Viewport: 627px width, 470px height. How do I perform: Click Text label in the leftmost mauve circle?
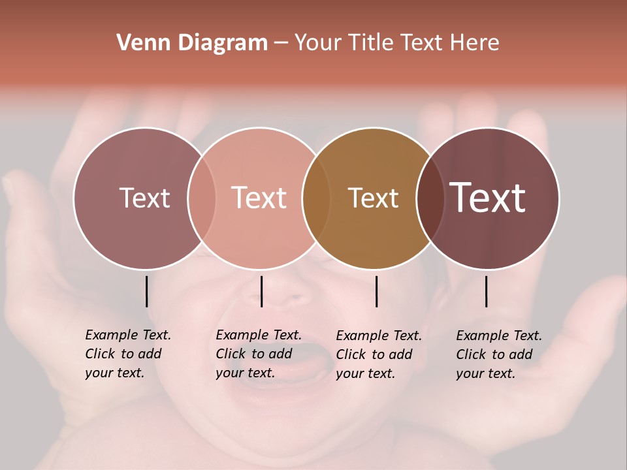coord(144,198)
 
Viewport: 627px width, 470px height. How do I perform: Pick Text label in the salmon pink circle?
coord(259,198)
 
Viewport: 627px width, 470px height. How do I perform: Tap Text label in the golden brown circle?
coord(373,198)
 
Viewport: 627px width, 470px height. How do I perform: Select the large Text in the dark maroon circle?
coord(488,198)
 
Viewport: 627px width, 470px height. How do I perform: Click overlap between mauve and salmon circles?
coord(202,198)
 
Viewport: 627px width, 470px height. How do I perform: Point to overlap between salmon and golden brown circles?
coord(316,198)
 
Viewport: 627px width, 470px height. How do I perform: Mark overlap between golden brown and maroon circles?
coord(430,198)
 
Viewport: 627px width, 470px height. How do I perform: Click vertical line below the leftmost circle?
coord(146,291)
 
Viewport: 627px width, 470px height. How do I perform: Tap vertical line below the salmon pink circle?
coord(261,291)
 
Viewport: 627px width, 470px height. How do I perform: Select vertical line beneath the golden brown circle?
coord(376,291)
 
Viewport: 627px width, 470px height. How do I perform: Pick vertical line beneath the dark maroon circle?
coord(486,291)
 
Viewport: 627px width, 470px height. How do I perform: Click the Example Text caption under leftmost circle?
coord(127,354)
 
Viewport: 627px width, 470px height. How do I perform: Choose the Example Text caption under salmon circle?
coord(258,354)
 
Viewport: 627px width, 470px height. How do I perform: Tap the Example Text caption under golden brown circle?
coord(378,354)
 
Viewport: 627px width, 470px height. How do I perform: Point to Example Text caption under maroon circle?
coord(498,354)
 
